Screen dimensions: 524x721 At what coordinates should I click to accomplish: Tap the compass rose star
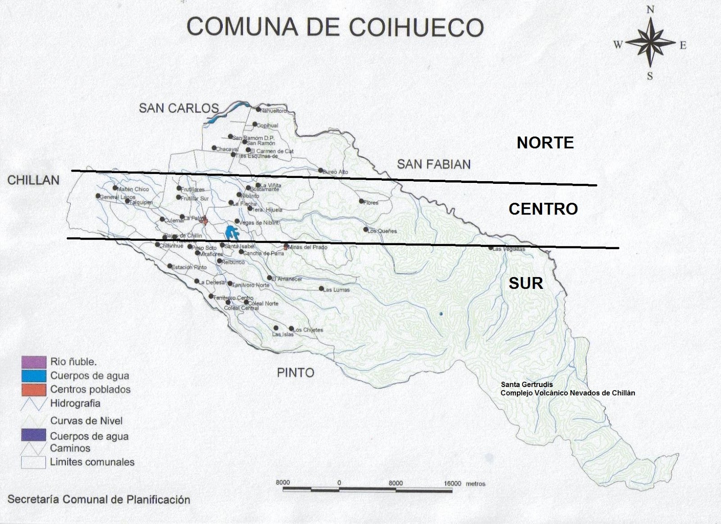650,44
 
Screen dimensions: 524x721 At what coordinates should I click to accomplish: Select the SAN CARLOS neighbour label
178,108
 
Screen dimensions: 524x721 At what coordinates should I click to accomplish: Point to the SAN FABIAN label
434,164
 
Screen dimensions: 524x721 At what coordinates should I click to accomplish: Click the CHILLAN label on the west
33,180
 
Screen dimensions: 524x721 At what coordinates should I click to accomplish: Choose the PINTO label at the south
295,373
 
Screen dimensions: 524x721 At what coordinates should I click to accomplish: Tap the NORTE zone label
545,143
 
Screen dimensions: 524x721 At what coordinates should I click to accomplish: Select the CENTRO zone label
543,209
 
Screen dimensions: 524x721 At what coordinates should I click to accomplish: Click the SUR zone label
525,283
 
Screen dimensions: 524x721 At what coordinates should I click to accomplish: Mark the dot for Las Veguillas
491,248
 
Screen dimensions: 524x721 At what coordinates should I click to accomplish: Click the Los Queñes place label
383,231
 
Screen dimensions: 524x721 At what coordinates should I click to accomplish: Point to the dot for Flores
361,201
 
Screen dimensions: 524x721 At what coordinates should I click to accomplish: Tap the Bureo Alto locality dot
320,170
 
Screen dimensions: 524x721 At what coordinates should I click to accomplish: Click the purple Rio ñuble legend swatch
34,361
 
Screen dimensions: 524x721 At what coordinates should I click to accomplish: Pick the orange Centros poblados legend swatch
34,389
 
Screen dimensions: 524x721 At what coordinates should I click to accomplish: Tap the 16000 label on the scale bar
452,483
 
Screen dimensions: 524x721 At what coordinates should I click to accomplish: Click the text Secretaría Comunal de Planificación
99,500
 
